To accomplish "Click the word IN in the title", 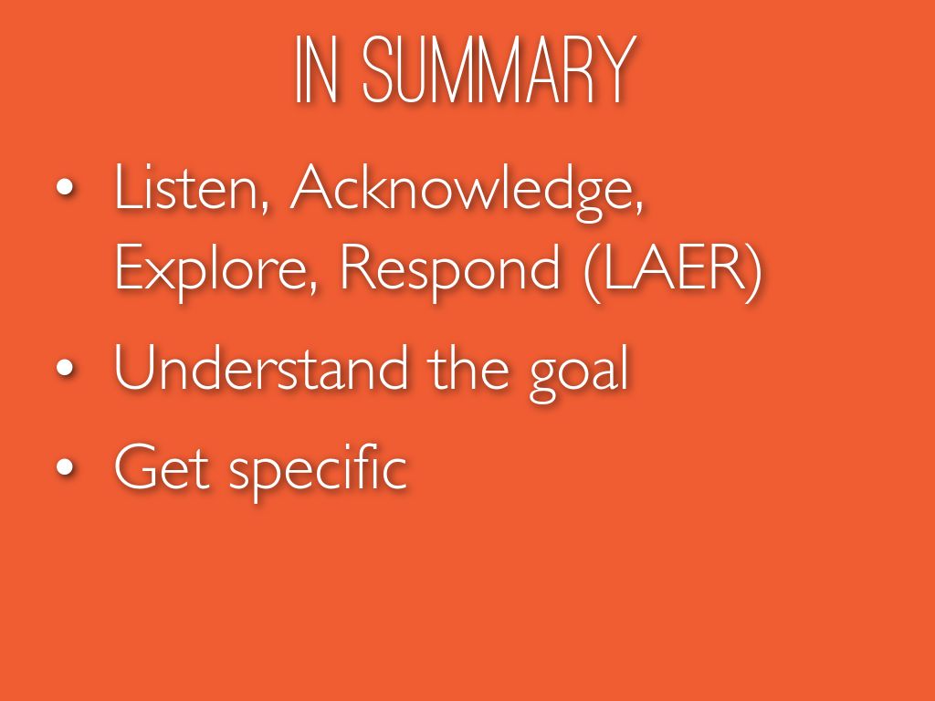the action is [316, 69].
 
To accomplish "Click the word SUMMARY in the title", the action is [499, 69].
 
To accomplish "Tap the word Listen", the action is [186, 187].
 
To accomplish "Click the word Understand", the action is [261, 367].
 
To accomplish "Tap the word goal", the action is [579, 373].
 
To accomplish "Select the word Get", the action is [162, 466].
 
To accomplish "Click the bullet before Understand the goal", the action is [65, 368].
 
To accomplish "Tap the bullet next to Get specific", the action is [65, 467].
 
